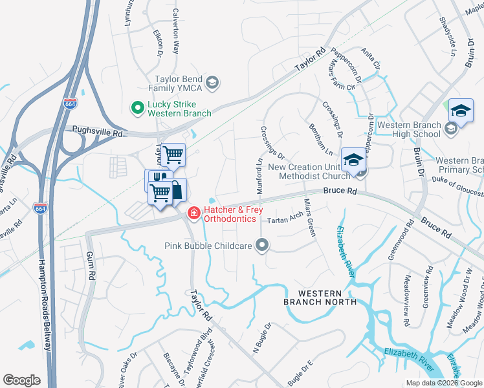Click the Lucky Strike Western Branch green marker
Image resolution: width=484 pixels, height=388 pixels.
pyautogui.click(x=137, y=108)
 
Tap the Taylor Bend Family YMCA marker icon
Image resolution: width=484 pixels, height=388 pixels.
pyautogui.click(x=212, y=82)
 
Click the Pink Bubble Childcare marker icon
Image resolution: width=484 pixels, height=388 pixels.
pyautogui.click(x=262, y=245)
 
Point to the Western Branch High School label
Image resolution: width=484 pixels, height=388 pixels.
pyautogui.click(x=409, y=129)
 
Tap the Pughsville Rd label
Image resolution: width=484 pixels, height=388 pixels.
pyautogui.click(x=98, y=131)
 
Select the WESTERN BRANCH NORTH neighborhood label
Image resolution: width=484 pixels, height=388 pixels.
pyautogui.click(x=320, y=297)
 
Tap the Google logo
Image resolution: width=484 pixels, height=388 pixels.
pyautogui.click(x=21, y=380)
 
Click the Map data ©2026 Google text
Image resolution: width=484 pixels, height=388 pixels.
pyautogui.click(x=443, y=383)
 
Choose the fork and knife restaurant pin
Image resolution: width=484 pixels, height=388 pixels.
pyautogui.click(x=159, y=179)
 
